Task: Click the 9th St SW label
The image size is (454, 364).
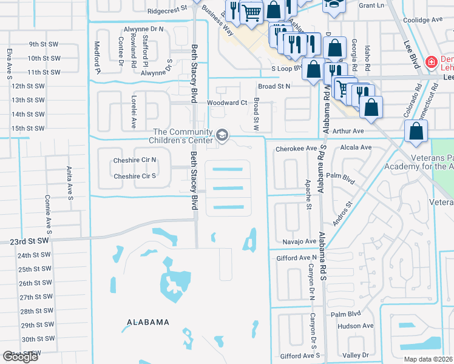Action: pos(43,44)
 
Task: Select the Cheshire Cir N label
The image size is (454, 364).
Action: pos(135,160)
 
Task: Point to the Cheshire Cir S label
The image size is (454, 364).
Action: pos(135,177)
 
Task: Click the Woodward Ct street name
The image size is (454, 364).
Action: pos(227,103)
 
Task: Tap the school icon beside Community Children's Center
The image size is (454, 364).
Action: pos(223,134)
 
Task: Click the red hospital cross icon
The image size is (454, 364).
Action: pos(431,61)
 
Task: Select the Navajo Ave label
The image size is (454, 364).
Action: pos(300,241)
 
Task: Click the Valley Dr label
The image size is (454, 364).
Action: pos(356,355)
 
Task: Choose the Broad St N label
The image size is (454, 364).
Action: pos(274,87)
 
